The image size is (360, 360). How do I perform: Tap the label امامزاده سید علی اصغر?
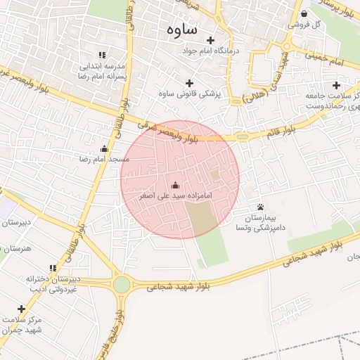(175, 195)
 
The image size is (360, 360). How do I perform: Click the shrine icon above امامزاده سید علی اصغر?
(175, 184)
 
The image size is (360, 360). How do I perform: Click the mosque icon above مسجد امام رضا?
(104, 148)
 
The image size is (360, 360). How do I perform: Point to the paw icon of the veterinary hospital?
(261, 207)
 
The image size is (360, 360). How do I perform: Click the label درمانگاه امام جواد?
(211, 51)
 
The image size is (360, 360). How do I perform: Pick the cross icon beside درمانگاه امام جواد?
(210, 40)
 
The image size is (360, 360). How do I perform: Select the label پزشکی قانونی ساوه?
(189, 94)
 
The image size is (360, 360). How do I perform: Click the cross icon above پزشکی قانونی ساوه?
(189, 83)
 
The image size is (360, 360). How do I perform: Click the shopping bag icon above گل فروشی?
(304, 13)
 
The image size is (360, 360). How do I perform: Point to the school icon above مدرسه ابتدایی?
(102, 55)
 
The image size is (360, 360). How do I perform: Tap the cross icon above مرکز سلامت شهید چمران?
(21, 309)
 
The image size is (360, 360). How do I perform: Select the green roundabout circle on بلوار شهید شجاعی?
(122, 284)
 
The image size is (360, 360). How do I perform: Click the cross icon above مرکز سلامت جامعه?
(336, 85)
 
